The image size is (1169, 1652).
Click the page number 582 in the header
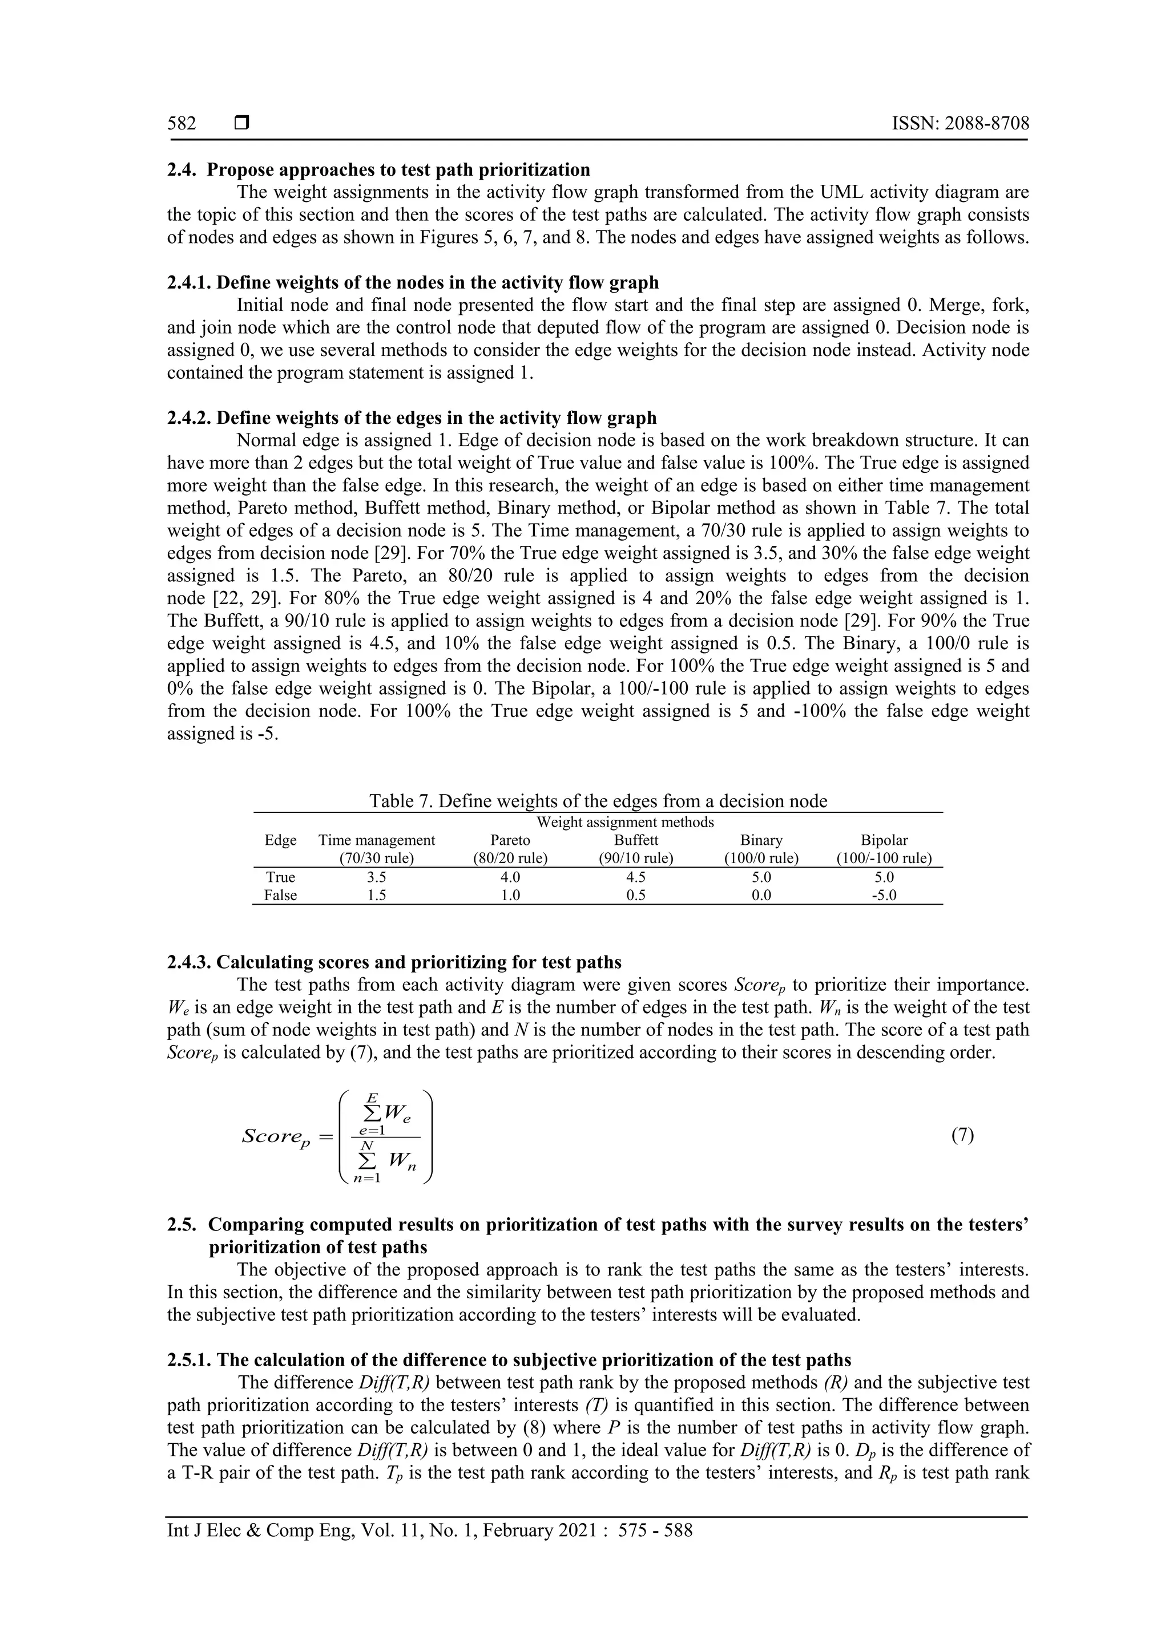tap(182, 124)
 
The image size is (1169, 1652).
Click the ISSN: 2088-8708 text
tap(960, 124)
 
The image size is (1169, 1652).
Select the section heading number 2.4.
tap(182, 170)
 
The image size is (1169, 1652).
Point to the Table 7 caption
tap(598, 801)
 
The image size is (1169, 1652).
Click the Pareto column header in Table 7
tap(510, 840)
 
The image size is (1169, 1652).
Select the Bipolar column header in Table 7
tap(884, 840)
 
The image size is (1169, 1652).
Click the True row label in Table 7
tap(280, 877)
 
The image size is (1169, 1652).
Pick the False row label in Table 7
tap(280, 895)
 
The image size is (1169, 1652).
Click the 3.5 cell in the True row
tap(377, 877)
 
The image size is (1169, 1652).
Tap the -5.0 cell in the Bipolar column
tap(884, 895)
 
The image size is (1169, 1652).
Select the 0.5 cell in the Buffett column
tap(636, 895)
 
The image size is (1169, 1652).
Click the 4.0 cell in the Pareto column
tap(510, 877)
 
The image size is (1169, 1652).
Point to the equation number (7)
tap(962, 1135)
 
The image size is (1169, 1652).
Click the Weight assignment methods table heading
tap(626, 821)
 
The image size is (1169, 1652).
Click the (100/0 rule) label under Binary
tap(761, 859)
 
